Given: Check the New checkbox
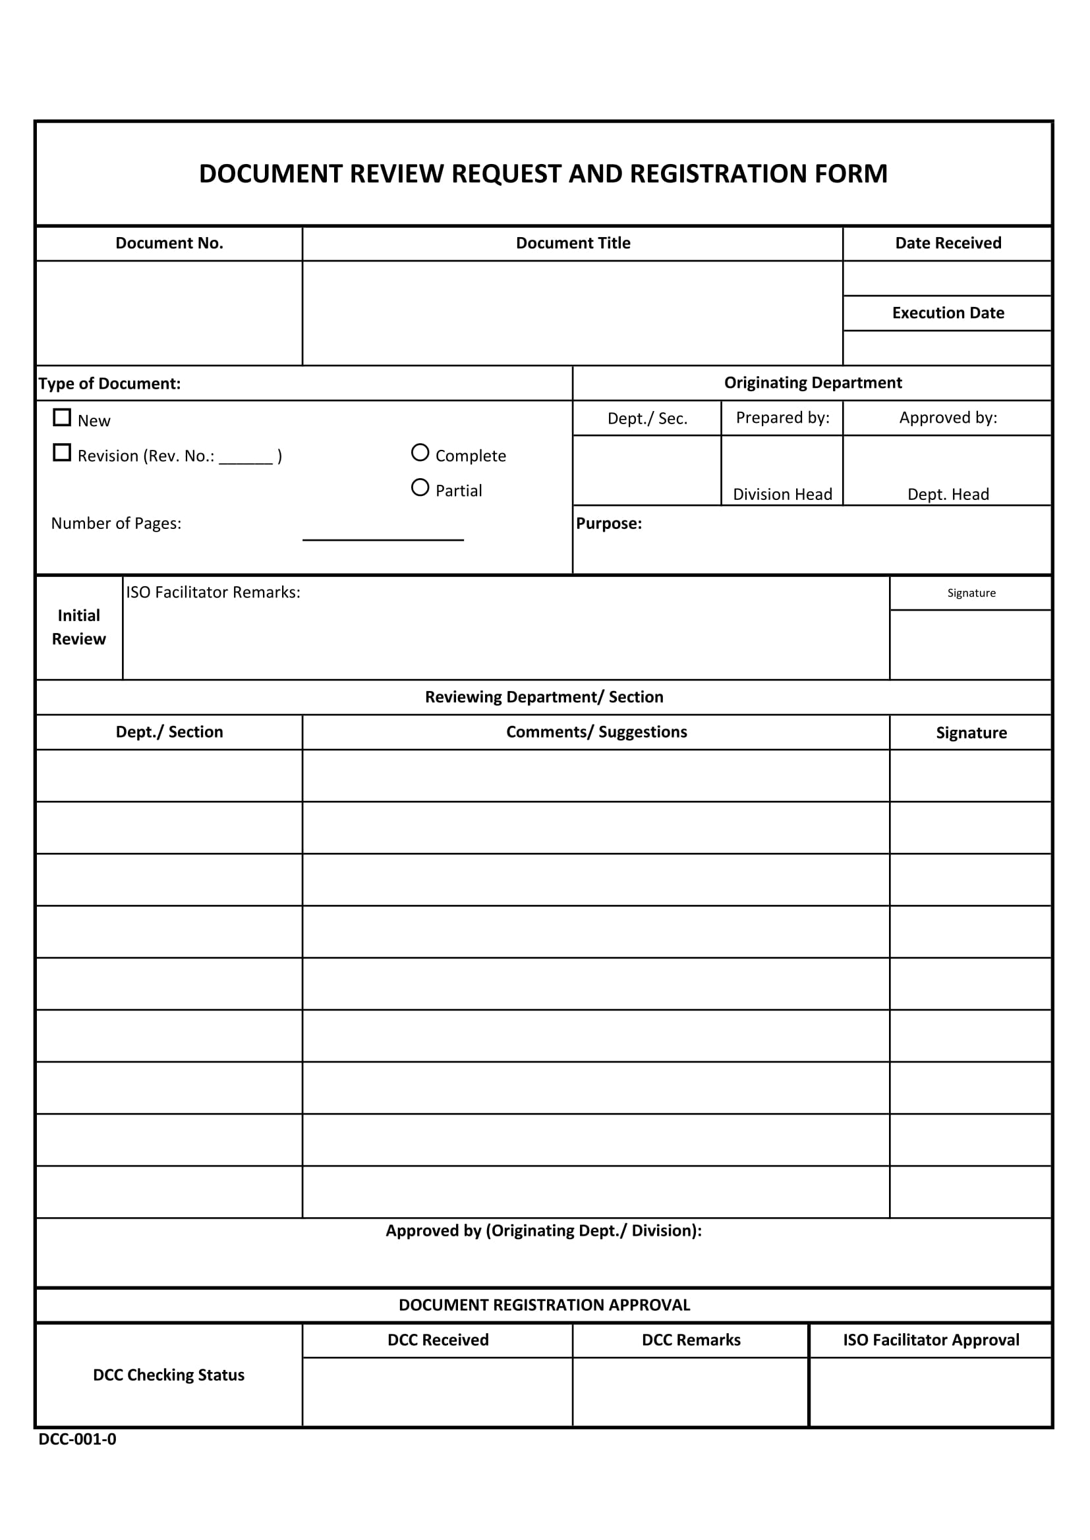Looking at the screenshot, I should click(62, 418).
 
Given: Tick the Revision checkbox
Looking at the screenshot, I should click(62, 453).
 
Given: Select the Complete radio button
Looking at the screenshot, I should click(420, 453).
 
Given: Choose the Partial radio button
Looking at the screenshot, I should click(420, 487).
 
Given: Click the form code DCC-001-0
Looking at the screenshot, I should click(77, 1439).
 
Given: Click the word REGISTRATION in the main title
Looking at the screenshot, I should click(720, 174).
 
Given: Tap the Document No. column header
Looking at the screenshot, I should click(169, 244).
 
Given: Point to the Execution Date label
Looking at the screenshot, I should click(948, 314).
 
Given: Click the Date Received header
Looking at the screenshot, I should click(948, 244).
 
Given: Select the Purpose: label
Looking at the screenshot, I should click(609, 524).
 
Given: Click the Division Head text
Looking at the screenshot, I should click(782, 494).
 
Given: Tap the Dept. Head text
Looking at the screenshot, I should click(948, 494).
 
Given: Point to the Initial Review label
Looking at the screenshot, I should click(78, 627).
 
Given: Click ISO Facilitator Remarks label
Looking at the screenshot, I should click(213, 592).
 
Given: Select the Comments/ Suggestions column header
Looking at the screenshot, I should click(596, 732).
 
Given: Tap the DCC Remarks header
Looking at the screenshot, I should click(691, 1340).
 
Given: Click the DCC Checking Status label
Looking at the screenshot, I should click(169, 1375).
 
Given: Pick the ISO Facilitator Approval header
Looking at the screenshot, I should click(931, 1340).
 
